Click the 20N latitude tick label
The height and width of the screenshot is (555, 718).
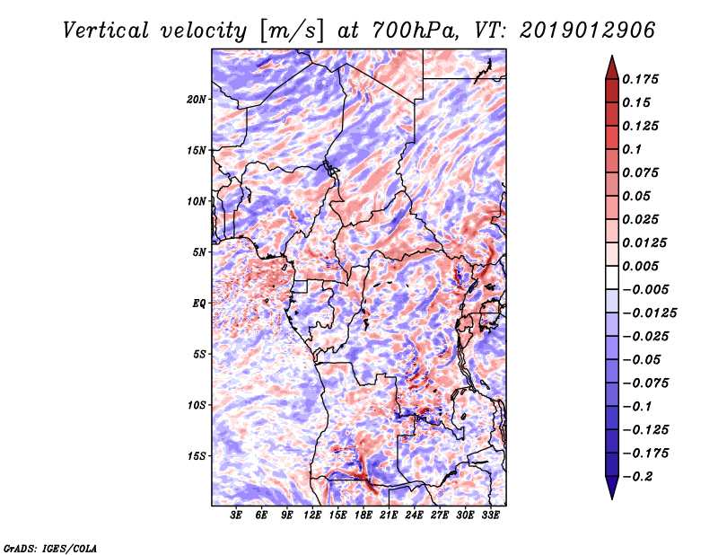point(197,99)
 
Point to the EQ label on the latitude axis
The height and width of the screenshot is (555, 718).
point(199,304)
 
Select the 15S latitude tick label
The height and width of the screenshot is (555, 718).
point(197,456)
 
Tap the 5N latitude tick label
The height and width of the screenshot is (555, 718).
point(199,252)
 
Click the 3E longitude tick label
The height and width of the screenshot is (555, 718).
point(237,515)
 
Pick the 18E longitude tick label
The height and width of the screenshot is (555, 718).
point(363,515)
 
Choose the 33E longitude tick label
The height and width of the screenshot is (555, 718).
point(490,515)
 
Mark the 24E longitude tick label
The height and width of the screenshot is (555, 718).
point(415,515)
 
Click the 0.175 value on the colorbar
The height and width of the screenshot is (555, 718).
point(643,79)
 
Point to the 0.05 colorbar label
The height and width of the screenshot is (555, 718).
point(639,196)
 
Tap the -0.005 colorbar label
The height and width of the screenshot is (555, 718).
point(646,289)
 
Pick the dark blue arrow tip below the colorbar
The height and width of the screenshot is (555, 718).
point(611,492)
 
